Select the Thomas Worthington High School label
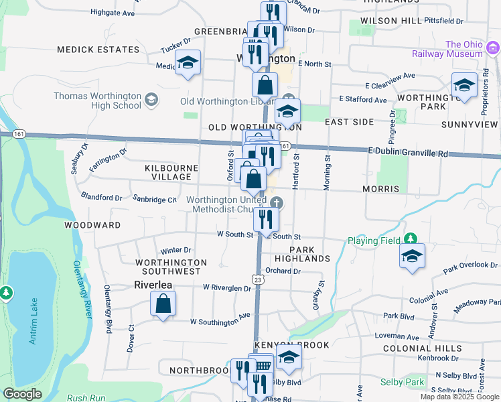[98, 100]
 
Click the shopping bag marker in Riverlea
[163, 305]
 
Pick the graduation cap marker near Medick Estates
[188, 64]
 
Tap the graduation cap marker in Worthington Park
[464, 85]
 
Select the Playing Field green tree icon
[410, 239]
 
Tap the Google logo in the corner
[22, 394]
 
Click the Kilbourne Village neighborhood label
[171, 172]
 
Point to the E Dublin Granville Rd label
[407, 153]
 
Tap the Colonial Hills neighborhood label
[422, 348]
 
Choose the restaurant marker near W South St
[266, 218]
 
